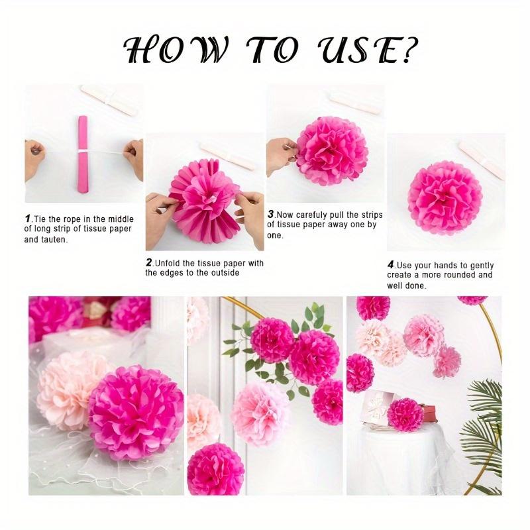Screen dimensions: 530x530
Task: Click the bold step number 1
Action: [28, 218]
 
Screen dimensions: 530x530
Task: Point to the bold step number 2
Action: [149, 263]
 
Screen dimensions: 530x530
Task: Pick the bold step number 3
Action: [270, 215]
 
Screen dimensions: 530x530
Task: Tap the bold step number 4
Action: [391, 265]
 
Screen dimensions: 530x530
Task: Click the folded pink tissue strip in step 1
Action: [83, 154]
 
